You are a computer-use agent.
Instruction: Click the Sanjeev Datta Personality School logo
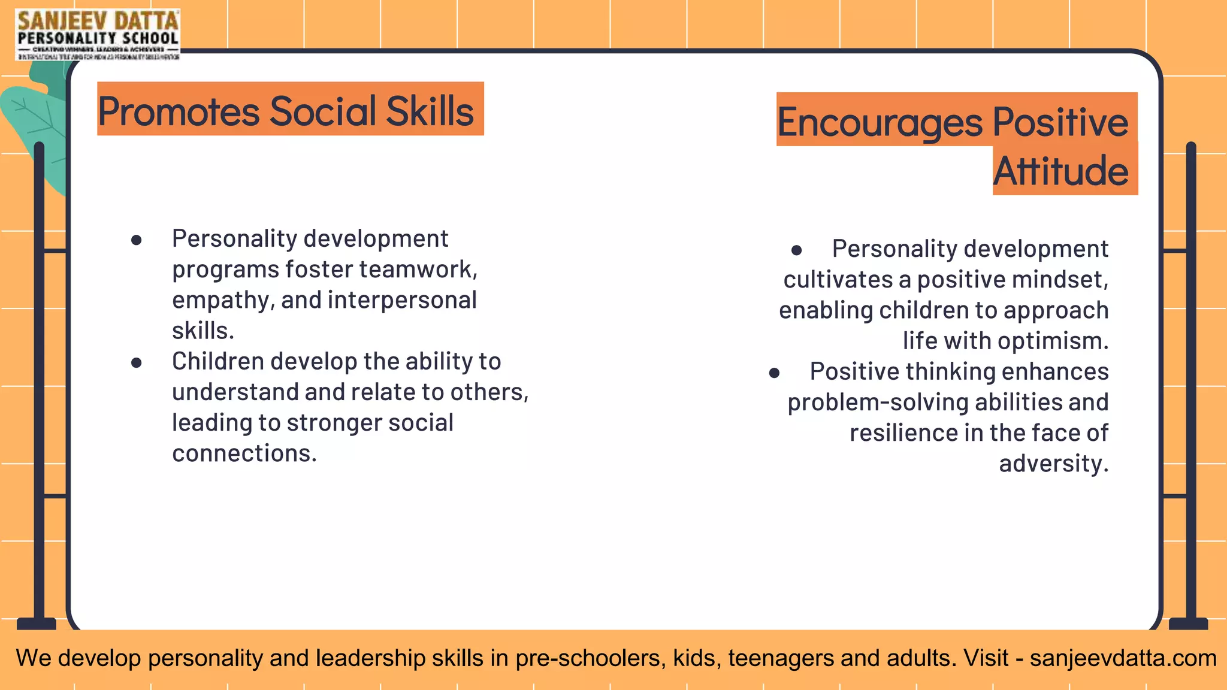(98, 35)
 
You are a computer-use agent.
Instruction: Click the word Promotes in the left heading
(179, 111)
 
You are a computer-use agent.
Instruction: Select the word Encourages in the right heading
(880, 123)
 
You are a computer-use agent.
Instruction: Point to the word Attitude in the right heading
(1061, 171)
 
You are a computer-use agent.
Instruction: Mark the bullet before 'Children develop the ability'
(137, 363)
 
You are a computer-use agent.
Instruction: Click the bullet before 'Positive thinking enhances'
(774, 373)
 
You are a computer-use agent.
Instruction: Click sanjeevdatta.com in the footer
(1123, 658)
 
